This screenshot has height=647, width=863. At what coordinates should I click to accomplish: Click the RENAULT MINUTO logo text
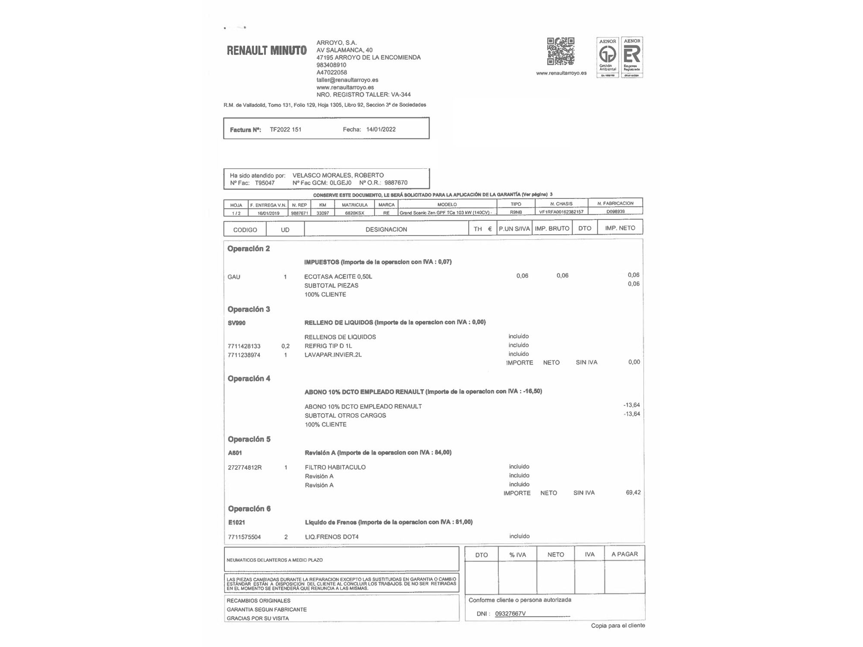(267, 50)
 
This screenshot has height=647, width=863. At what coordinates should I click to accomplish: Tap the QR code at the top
(561, 51)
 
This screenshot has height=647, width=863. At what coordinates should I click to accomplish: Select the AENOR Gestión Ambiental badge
(608, 57)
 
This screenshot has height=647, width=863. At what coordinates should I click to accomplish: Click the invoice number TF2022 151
(286, 129)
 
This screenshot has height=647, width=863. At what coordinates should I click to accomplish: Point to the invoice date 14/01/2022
(381, 129)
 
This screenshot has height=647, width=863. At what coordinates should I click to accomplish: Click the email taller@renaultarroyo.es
(347, 80)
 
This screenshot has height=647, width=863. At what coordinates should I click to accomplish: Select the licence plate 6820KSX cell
(355, 213)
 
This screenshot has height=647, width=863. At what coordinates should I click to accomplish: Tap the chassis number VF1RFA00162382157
(561, 212)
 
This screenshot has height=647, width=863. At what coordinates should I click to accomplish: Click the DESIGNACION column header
(386, 229)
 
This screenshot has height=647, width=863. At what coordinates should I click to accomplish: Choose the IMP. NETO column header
(620, 228)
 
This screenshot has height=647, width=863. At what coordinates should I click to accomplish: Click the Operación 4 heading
(249, 379)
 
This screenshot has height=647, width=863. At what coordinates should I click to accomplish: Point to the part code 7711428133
(244, 346)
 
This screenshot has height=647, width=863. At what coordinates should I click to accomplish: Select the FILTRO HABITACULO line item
(335, 467)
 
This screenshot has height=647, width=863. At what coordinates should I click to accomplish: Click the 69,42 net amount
(633, 493)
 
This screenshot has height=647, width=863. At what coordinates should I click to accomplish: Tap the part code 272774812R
(245, 468)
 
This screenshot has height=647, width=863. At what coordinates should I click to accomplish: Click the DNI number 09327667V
(510, 613)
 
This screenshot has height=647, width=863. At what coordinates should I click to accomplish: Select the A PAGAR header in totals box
(624, 554)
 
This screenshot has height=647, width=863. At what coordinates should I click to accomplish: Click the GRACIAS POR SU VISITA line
(258, 618)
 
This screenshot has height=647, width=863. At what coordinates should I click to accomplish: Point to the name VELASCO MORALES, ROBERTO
(338, 175)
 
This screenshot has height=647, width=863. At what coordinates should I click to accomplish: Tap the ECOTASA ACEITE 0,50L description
(338, 276)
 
